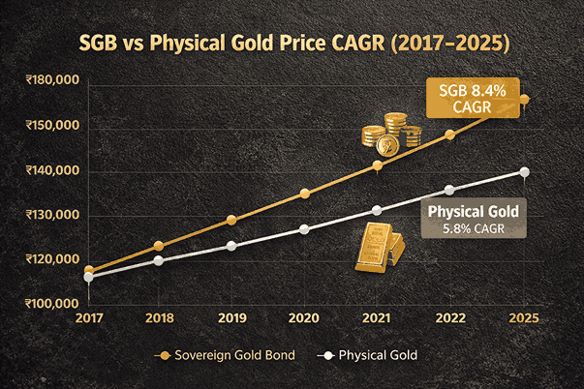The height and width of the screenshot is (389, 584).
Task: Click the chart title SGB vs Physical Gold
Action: [292, 45]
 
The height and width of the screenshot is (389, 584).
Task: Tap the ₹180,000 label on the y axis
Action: [53, 80]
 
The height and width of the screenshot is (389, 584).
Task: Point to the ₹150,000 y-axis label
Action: [53, 127]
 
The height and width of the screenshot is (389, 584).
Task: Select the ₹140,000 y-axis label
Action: [53, 171]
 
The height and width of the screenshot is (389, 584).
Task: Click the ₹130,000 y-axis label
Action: [53, 215]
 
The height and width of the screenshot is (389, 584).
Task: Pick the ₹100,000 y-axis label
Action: [53, 303]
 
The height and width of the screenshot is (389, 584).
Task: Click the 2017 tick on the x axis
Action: [89, 317]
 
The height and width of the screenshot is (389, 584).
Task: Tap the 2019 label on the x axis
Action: [231, 317]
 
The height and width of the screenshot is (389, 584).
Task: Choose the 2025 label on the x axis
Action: [523, 317]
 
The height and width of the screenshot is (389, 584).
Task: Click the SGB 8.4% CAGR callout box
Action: [473, 98]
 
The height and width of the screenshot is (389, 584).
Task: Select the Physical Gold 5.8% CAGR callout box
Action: [475, 218]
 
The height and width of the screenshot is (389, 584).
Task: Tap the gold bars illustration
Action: [379, 249]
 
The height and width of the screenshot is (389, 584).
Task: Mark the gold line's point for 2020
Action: [305, 194]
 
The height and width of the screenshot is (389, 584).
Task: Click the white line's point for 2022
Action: [448, 190]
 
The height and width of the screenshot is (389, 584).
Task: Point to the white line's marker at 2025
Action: [524, 172]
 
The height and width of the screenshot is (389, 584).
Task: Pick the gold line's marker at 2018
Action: [159, 246]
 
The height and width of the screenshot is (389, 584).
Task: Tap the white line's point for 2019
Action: [231, 246]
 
